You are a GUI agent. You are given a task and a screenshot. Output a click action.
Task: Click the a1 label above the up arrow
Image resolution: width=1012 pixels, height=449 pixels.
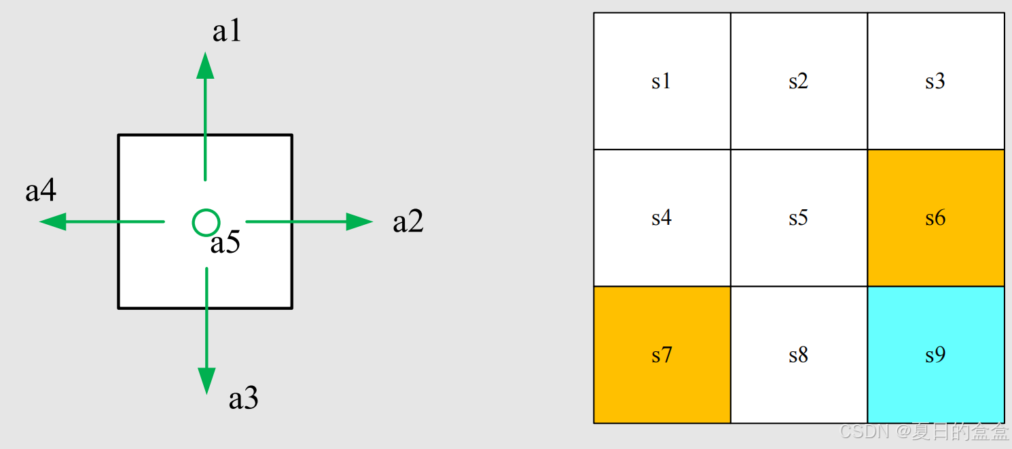[227, 31]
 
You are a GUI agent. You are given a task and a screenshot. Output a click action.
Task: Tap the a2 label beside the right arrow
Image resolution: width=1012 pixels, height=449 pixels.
[408, 222]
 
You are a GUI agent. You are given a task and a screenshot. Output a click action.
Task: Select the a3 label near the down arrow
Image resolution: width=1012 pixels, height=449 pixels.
[243, 399]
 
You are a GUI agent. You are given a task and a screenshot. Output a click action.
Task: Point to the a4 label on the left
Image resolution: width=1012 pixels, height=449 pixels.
[41, 192]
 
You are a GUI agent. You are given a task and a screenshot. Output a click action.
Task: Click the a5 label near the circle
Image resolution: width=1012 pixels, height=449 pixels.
[225, 243]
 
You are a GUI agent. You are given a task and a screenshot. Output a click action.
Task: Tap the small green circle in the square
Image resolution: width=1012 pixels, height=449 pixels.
[206, 222]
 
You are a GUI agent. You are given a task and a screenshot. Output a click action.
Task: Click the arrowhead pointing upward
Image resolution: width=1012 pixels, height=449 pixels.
[205, 65]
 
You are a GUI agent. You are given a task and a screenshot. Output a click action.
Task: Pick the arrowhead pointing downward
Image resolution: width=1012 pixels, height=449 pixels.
[206, 380]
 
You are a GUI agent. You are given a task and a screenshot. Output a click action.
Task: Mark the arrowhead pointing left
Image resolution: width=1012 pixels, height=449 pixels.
[53, 221]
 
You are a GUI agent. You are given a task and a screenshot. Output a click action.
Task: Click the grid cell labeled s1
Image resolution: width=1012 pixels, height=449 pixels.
[662, 81]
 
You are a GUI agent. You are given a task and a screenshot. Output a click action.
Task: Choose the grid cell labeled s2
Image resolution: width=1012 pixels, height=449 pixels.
[799, 81]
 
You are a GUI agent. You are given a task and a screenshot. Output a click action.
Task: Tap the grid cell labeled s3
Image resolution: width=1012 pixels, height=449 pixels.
[935, 81]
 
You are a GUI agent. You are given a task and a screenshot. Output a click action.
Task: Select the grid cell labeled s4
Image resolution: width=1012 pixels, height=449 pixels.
[662, 218]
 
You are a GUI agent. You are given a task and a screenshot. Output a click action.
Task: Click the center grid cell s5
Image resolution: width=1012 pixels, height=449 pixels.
[799, 218]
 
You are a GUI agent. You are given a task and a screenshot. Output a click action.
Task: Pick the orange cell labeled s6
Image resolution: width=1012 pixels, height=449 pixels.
[935, 218]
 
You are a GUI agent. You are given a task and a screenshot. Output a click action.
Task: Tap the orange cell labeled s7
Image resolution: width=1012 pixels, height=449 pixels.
[662, 355]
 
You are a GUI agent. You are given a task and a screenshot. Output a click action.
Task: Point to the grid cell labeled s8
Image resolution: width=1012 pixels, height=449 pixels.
[799, 355]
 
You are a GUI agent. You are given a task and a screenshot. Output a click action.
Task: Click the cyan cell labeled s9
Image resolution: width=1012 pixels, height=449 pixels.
[935, 355]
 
